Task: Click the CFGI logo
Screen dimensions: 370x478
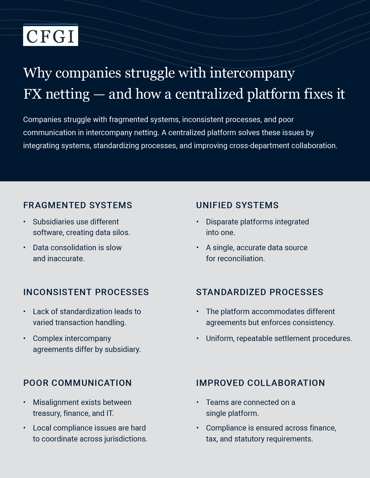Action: (x=50, y=35)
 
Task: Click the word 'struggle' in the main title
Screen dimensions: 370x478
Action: (x=150, y=73)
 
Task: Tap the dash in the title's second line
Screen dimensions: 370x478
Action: (x=99, y=94)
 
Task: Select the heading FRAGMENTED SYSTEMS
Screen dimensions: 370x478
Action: (x=78, y=205)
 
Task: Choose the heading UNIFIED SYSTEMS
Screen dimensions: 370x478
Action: (x=237, y=205)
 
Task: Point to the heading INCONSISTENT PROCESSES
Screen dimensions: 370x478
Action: (x=86, y=292)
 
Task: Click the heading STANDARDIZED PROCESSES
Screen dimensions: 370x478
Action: (x=260, y=292)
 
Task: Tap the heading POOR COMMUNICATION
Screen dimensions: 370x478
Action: (x=78, y=383)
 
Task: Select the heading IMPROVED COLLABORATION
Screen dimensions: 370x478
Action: (x=261, y=383)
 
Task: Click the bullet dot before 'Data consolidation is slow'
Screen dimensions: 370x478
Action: (x=25, y=248)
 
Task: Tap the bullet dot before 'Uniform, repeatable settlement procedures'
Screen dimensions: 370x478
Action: (x=198, y=338)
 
